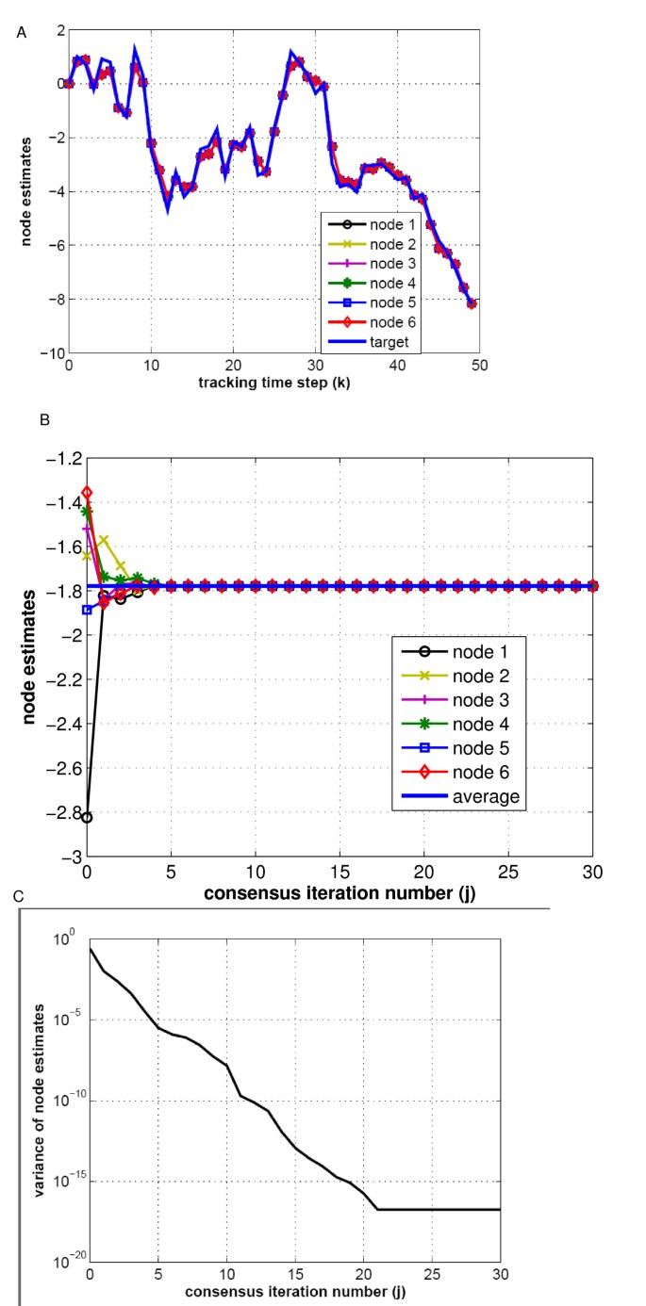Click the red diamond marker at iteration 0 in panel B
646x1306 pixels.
(87, 492)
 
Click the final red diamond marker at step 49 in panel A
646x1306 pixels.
(472, 303)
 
